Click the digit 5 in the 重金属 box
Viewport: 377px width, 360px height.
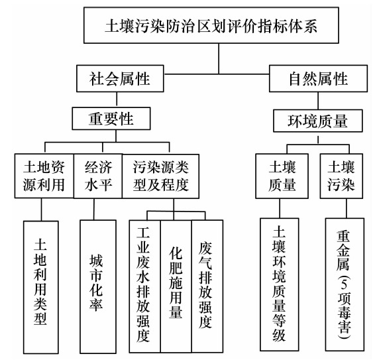(x=344, y=284)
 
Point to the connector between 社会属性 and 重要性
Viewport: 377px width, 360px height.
(x=117, y=99)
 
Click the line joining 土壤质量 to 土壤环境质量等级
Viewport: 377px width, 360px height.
(x=280, y=208)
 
